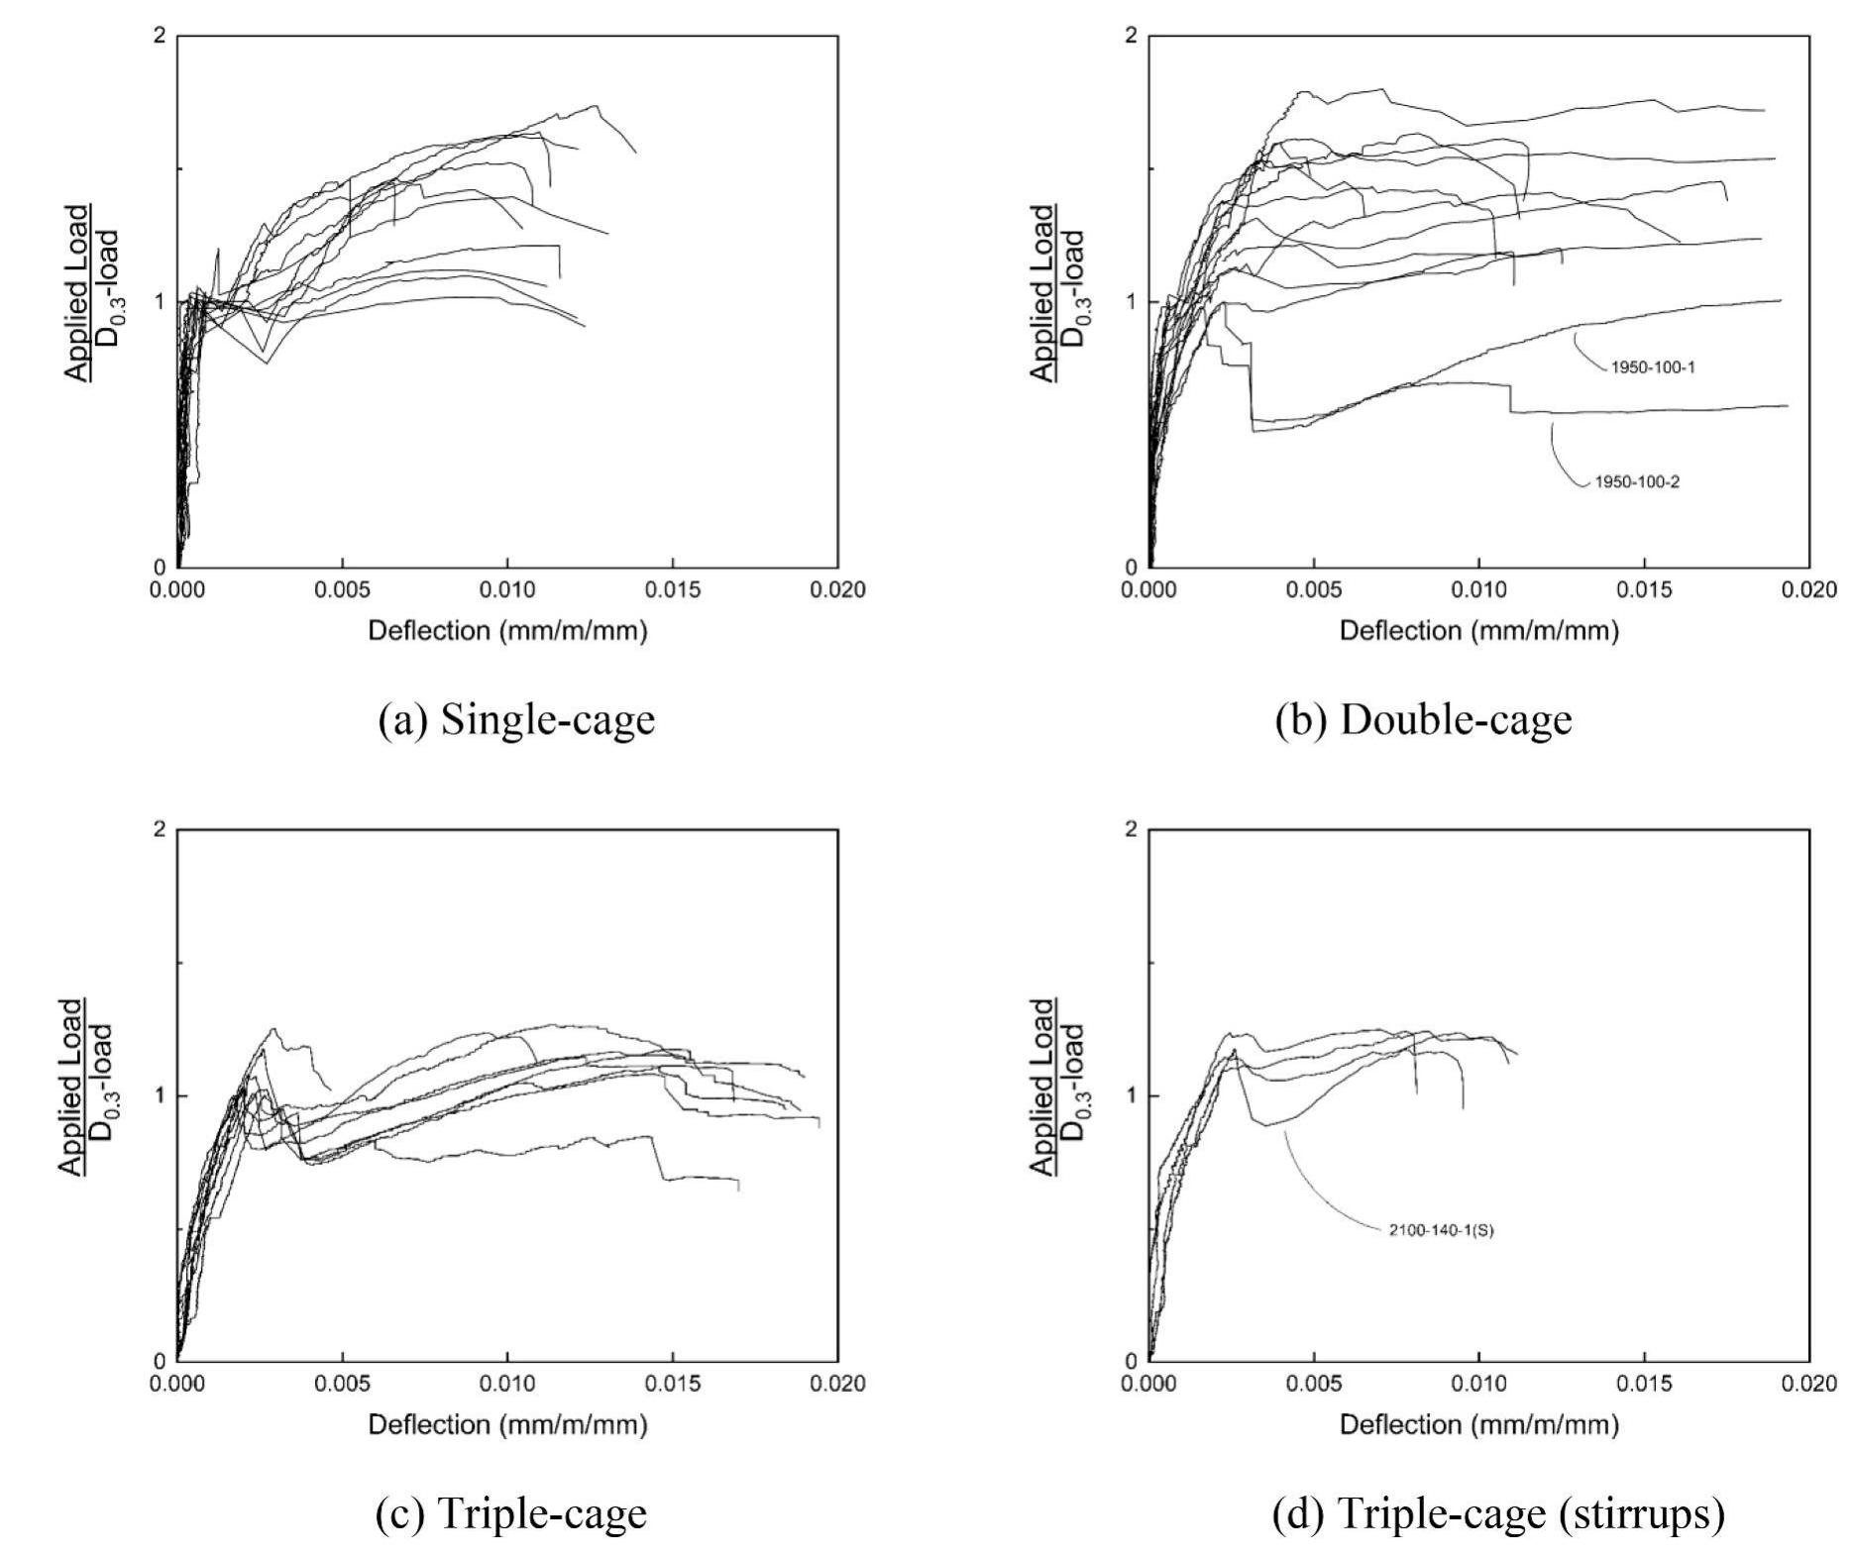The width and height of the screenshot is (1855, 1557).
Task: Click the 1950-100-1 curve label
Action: tap(1652, 367)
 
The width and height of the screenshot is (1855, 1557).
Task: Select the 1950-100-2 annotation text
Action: tap(1636, 483)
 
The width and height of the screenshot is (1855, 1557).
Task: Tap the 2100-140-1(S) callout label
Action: tap(1440, 1231)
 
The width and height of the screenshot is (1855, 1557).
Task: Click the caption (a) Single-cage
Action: tap(516, 720)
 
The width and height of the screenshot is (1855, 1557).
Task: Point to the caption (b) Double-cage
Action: tap(1423, 720)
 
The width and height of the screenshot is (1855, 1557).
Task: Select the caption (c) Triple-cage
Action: tap(511, 1513)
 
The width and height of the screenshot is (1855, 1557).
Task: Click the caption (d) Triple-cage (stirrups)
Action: tap(1497, 1513)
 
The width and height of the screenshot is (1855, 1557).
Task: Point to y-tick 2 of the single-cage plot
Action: tap(160, 37)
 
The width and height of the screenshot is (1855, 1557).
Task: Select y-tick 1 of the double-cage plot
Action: tap(1132, 302)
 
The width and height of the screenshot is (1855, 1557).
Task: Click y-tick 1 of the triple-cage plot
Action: tap(160, 1095)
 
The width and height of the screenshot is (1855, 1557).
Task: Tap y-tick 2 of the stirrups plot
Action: tap(1132, 830)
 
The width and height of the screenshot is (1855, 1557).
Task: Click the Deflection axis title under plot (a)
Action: tap(507, 631)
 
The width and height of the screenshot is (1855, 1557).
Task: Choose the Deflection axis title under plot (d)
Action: tap(1478, 1424)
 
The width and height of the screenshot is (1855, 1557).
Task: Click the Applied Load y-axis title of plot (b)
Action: tap(1058, 294)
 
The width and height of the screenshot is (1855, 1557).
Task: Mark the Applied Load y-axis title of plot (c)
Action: tap(86, 1088)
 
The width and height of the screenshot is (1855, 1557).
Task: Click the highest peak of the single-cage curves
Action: tap(596, 106)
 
